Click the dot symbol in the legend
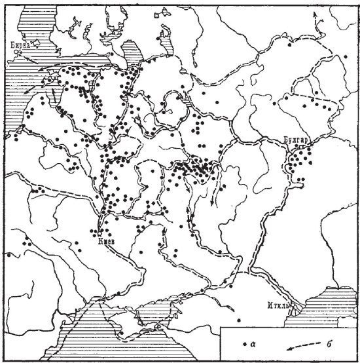(245, 343)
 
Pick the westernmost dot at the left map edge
(7, 254)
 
